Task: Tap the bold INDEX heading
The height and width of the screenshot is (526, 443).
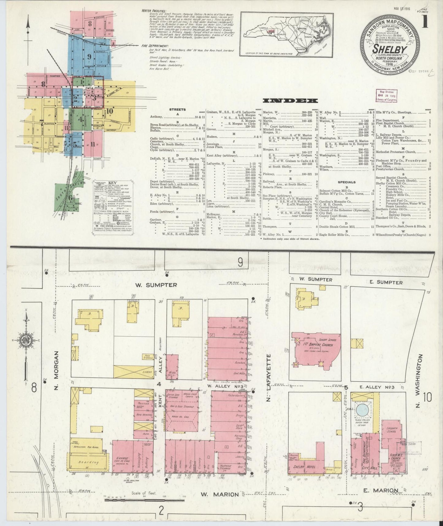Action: click(291, 100)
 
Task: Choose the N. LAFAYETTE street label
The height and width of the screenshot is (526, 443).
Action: click(269, 378)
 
